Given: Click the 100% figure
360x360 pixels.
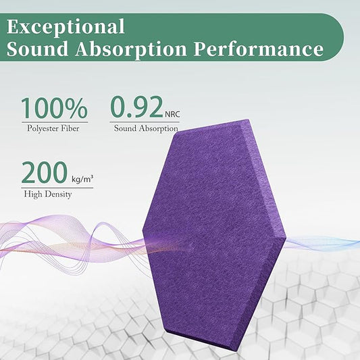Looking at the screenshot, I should pos(54,109).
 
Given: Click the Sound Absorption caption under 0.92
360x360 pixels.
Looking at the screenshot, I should pos(146,128).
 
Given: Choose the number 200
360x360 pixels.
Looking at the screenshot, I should pos(44,174).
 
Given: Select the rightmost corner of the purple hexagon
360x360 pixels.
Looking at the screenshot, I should pos(286,236).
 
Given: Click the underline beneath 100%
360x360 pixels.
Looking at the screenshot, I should pos(54,122).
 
